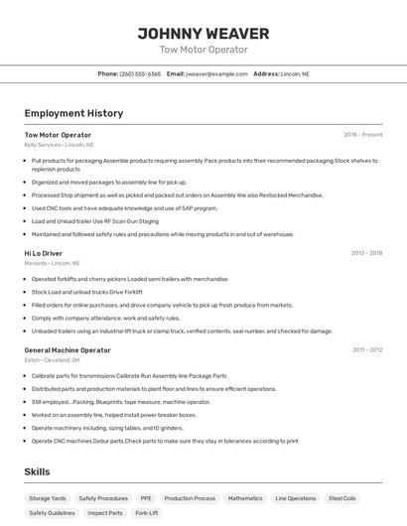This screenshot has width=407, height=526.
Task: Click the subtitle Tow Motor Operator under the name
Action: coord(203,50)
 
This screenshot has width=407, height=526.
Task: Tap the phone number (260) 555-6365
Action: coord(140,74)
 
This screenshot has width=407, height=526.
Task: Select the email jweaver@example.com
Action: coord(216,74)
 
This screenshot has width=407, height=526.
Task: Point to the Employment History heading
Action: coord(73,113)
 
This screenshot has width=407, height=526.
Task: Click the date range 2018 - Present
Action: coord(362,135)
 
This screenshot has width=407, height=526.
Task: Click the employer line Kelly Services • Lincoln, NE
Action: coord(60,145)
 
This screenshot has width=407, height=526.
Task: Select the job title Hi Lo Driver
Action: coord(44,253)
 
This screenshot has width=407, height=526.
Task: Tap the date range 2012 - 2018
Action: coord(366,253)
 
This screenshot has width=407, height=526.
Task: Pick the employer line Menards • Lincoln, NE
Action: coord(52,263)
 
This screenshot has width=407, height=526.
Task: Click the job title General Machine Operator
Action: coord(68,350)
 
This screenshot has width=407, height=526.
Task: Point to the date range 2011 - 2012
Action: coord(367,350)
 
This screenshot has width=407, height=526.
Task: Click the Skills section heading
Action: coord(37,471)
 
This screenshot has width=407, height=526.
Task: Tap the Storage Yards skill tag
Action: coord(48,498)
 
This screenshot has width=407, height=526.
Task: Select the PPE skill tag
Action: coord(146,498)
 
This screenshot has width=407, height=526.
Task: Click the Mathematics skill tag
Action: coord(245,498)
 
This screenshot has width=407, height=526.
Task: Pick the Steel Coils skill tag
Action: coord(342,498)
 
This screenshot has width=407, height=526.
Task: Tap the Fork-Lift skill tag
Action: coord(147,513)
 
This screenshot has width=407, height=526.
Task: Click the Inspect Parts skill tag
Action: coord(105,513)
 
